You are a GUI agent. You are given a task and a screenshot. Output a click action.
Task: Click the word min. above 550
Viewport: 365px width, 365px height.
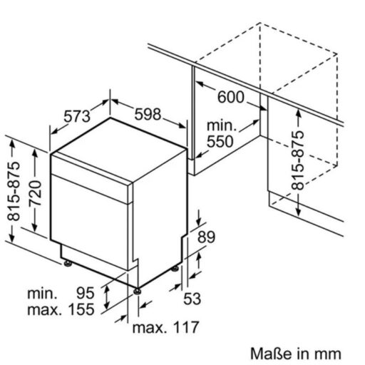tap(222, 125)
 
